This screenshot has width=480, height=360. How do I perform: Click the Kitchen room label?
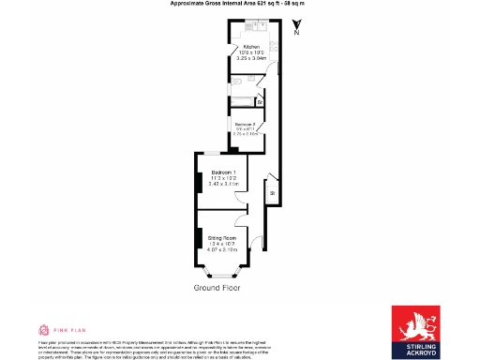(250, 45)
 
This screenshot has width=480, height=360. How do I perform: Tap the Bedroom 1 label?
(223, 172)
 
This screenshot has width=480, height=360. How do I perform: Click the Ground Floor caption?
(217, 288)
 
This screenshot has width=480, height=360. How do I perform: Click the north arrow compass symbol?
(296, 28)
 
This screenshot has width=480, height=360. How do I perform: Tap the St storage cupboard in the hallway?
(271, 193)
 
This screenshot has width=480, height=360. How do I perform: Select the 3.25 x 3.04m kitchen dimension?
(250, 58)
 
